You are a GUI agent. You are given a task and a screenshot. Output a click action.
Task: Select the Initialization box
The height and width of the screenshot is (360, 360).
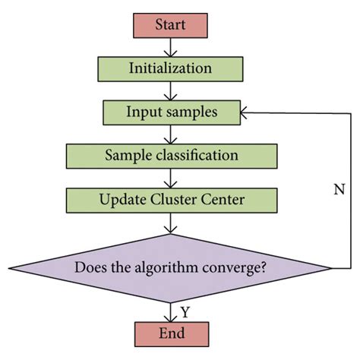coord(170,68)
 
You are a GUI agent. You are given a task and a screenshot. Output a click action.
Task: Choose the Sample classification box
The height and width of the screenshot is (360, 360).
coord(172,156)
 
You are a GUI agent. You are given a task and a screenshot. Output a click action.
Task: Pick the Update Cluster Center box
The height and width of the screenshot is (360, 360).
coord(172,201)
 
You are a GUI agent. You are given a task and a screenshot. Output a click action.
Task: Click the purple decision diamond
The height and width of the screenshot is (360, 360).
coord(170,268)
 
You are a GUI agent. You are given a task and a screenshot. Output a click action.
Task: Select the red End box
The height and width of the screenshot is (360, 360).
coord(170,332)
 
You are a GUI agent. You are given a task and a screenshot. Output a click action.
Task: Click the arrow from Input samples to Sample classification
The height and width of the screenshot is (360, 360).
coord(170,134)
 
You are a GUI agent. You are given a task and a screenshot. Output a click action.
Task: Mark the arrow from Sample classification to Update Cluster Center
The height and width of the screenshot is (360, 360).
coord(170,178)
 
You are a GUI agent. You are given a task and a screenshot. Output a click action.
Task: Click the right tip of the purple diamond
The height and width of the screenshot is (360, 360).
coord(331,268)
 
